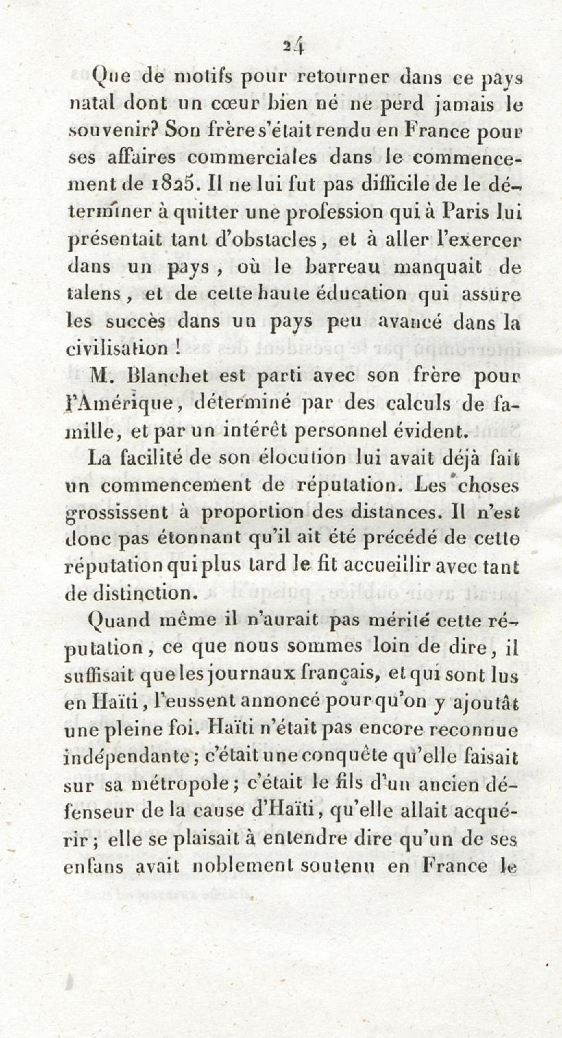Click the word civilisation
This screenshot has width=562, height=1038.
tap(117, 348)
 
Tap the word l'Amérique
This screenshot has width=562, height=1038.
tap(119, 404)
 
